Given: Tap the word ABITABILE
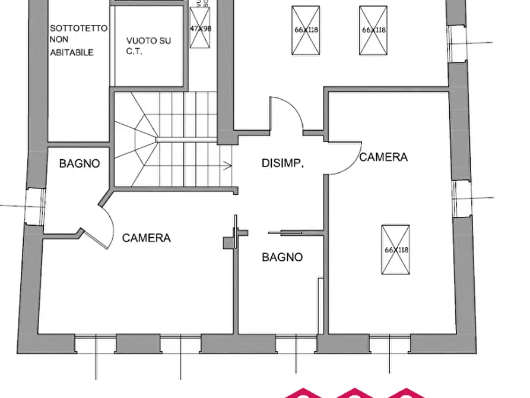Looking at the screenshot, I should tap(72, 52).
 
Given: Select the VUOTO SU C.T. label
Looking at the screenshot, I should tap(148, 46).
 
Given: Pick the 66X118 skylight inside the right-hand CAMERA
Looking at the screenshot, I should tap(395, 249).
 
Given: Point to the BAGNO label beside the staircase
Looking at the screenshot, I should tap(80, 164).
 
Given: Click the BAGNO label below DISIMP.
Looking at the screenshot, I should tap(283, 257).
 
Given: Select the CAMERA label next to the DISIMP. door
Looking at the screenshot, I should tap(383, 157).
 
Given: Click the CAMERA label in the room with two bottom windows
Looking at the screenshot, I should tap(147, 238).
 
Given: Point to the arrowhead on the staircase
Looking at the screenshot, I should tap(228, 166).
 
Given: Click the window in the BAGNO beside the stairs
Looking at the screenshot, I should tap(34, 206).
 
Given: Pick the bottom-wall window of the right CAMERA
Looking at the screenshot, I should tap(389, 343).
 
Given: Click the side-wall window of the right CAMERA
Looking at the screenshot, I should tap(461, 198).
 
